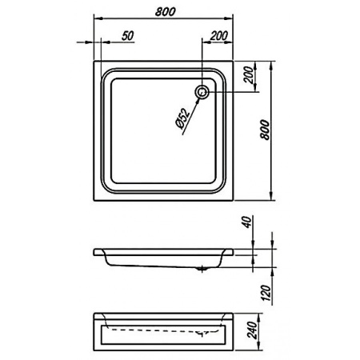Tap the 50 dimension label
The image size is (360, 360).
128,36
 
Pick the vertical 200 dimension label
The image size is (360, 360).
249,75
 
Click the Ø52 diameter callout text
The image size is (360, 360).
183,119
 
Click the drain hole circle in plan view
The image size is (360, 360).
202,92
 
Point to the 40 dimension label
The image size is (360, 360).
248,222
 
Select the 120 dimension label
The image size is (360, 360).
266,293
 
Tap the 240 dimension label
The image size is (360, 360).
252,330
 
